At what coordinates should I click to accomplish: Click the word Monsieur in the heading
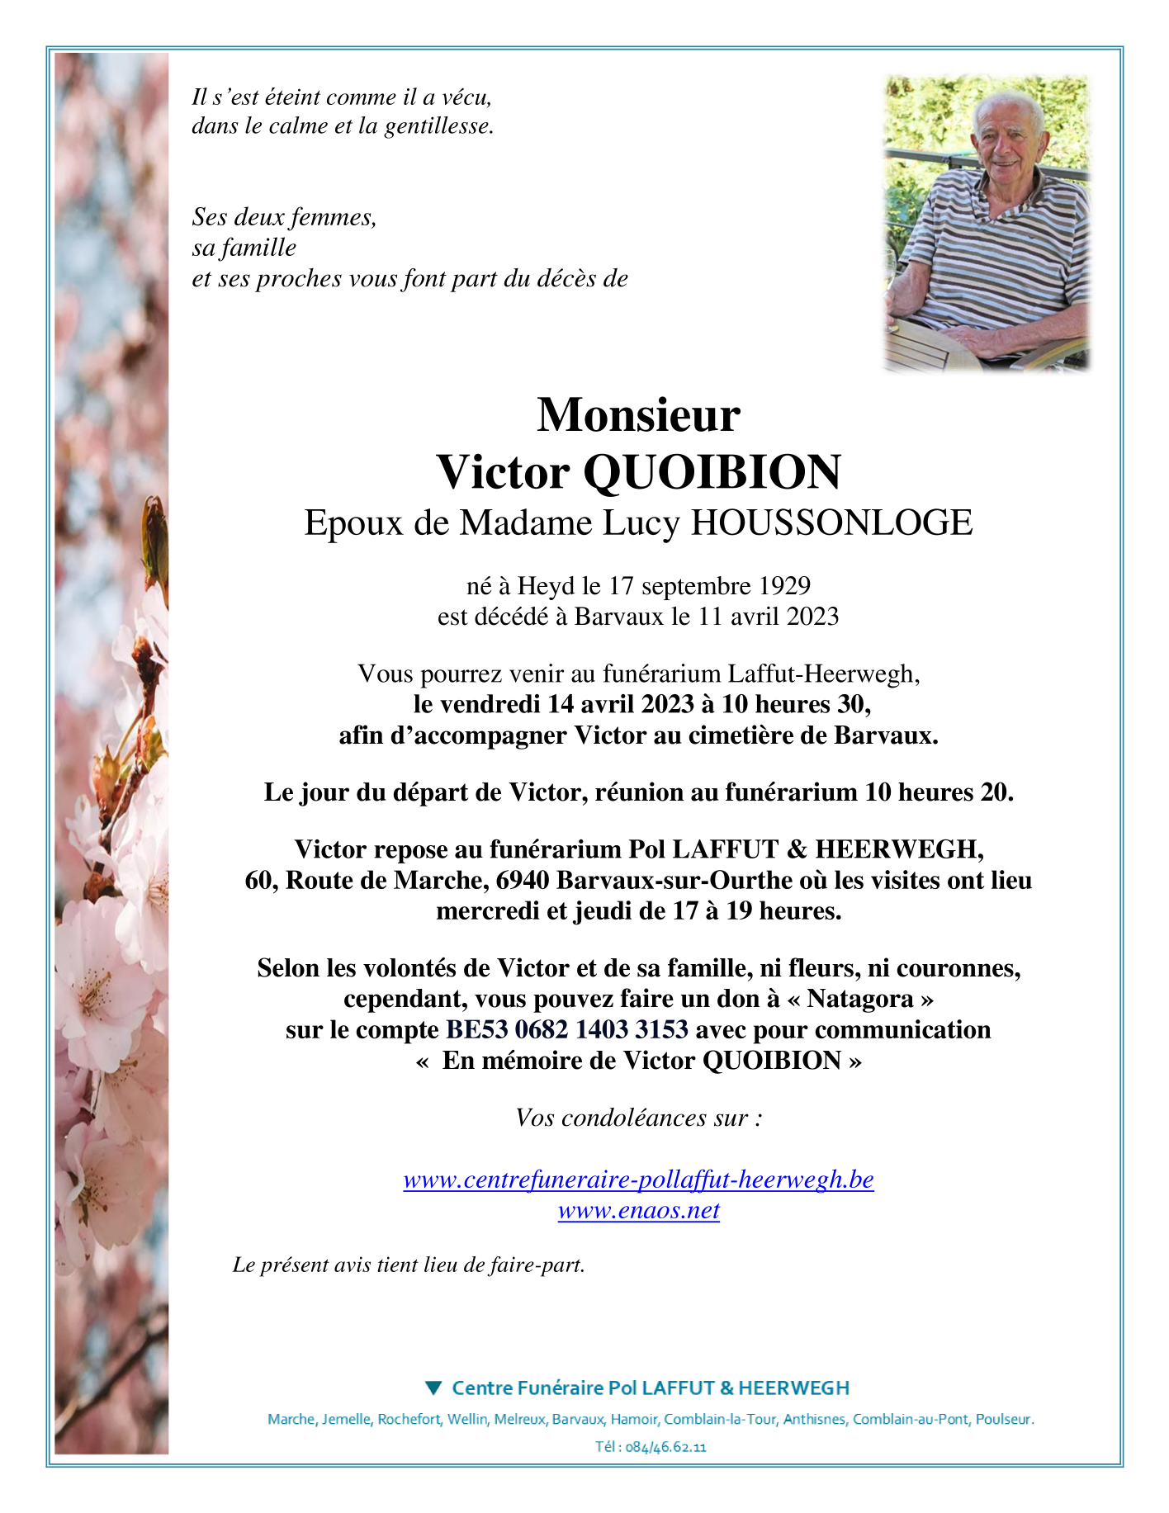pos(638,415)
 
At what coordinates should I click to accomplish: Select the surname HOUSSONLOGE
pos(831,523)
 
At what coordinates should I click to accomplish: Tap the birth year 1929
pos(784,586)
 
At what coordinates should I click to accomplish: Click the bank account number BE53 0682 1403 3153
pos(567,1030)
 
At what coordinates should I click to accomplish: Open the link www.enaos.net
pos(638,1211)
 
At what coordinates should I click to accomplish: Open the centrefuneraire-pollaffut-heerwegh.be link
pos(638,1180)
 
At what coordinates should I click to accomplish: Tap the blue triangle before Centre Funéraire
pos(433,1388)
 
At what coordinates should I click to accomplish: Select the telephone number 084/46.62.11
pos(666,1447)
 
